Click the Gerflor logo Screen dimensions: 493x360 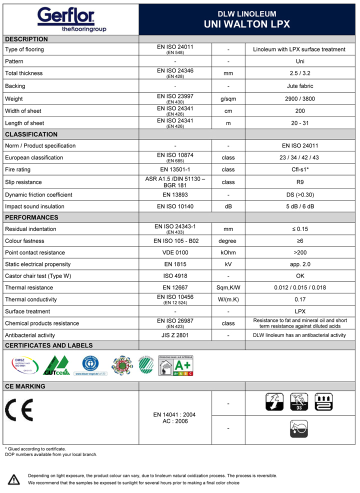click(x=66, y=19)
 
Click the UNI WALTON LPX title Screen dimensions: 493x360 click(x=247, y=24)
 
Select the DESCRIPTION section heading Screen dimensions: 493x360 click(x=26, y=39)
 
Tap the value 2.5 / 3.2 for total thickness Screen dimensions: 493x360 click(x=299, y=73)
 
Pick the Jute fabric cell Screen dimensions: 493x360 click(x=299, y=86)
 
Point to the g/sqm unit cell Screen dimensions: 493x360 click(x=228, y=99)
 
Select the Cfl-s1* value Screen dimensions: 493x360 click(x=299, y=169)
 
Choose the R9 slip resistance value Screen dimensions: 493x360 click(x=299, y=182)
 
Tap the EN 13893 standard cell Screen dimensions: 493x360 click(x=174, y=194)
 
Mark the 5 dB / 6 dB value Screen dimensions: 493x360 click(x=299, y=206)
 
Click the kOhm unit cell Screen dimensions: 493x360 click(x=228, y=252)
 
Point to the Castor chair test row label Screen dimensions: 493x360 click(x=38, y=276)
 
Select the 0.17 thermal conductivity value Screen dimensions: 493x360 click(x=299, y=299)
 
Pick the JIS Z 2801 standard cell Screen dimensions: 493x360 click(x=174, y=335)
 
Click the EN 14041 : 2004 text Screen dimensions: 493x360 click(x=174, y=414)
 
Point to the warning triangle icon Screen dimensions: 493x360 click(x=14, y=479)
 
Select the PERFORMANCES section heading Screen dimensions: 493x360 click(x=31, y=217)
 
